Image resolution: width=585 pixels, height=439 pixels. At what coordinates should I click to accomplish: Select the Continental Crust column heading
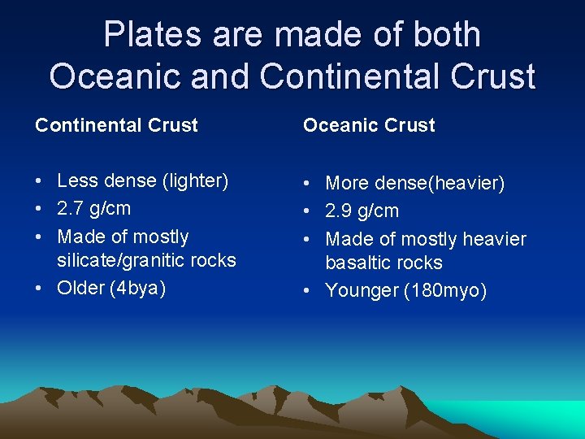click(116, 125)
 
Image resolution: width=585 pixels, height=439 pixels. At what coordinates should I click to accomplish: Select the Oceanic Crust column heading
click(369, 125)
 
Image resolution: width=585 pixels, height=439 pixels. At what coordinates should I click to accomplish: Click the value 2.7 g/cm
click(93, 208)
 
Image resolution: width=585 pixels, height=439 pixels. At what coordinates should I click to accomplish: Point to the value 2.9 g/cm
click(362, 211)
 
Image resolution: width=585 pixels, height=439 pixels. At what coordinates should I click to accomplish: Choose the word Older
click(79, 288)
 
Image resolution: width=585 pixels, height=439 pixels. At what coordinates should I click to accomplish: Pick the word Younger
click(362, 290)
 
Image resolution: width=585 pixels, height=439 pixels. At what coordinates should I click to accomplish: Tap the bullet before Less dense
click(39, 181)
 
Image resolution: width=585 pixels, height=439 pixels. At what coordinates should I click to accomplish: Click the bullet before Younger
click(308, 291)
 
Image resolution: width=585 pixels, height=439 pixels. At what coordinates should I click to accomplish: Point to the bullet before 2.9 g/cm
click(308, 211)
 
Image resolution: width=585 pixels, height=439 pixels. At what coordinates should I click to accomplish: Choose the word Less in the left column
click(76, 180)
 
